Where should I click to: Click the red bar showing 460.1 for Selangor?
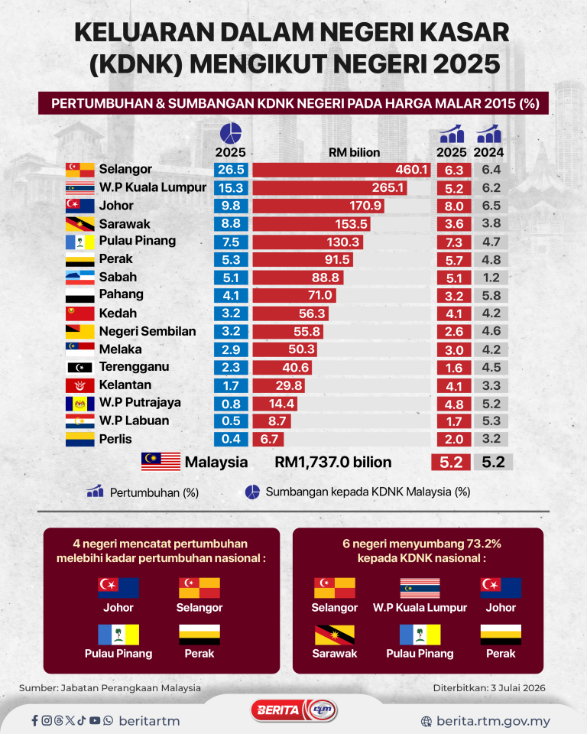coord(341,170)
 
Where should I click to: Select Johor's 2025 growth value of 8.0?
coord(453,206)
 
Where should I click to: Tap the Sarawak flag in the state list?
coord(79,224)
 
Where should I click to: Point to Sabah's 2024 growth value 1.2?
coord(491,278)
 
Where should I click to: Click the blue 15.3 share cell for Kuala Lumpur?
coord(231,188)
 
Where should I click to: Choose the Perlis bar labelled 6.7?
coord(268,439)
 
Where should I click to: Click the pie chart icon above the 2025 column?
coord(230,133)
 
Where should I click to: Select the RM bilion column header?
coord(355,153)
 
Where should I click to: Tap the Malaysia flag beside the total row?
coord(161,462)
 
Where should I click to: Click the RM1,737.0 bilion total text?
coord(332,462)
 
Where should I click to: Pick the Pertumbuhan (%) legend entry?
coord(143,492)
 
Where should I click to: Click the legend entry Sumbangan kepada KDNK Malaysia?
coord(358,492)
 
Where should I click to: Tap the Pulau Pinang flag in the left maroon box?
coord(118,635)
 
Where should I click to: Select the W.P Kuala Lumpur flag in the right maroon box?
coord(420,589)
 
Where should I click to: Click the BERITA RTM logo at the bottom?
coord(294,710)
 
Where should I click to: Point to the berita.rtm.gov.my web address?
coord(493,721)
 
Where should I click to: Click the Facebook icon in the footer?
coord(34,720)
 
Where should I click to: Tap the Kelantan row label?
coord(125,385)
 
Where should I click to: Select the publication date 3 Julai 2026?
coord(518,687)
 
